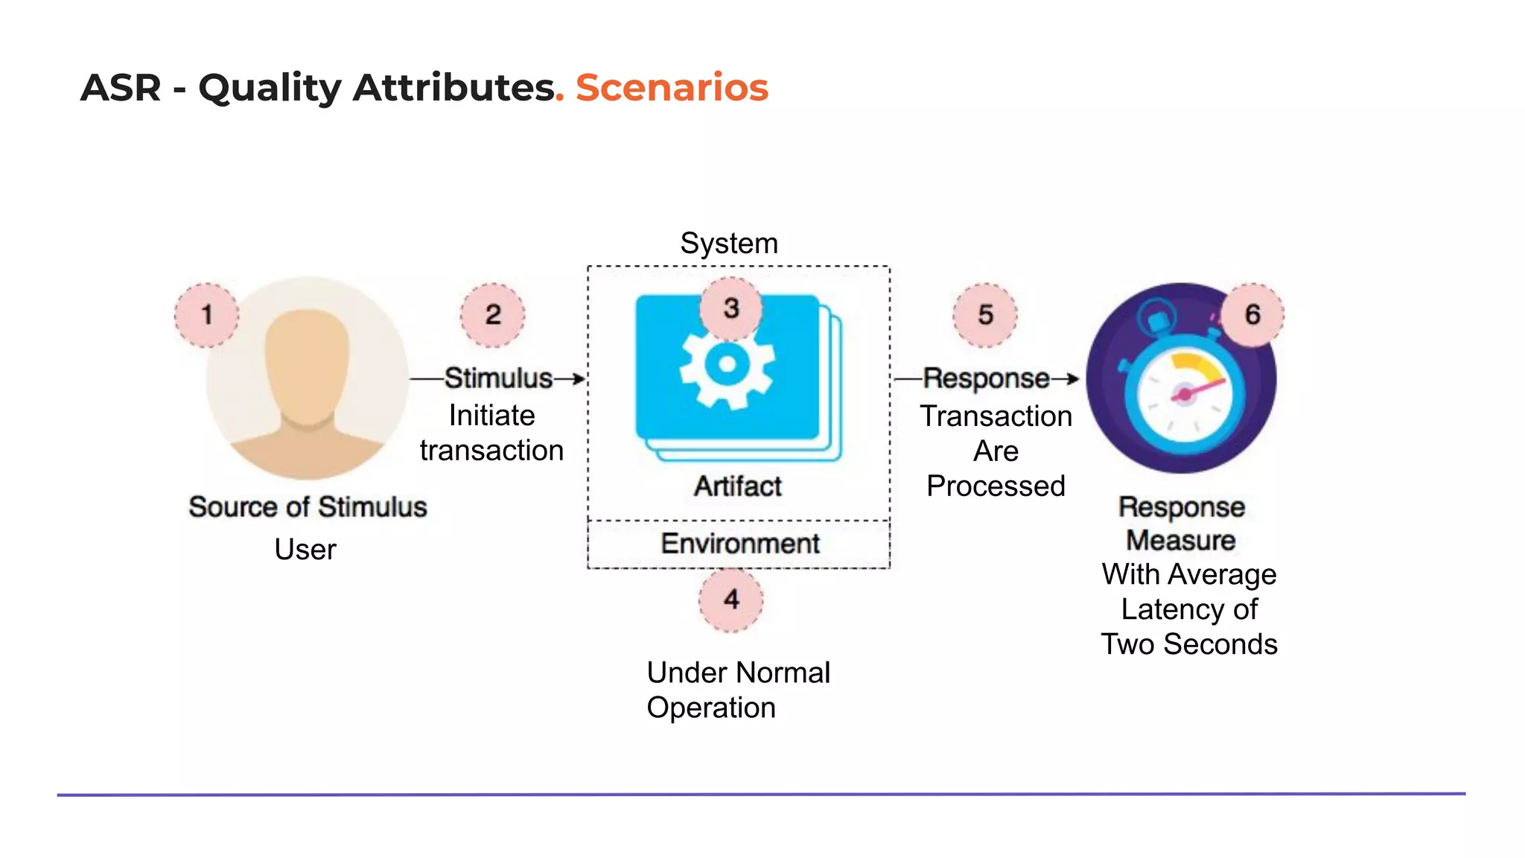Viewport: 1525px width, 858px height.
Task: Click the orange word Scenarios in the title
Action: [x=672, y=87]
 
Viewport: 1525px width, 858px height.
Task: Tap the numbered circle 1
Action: [x=207, y=315]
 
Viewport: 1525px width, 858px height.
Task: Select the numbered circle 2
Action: [x=492, y=315]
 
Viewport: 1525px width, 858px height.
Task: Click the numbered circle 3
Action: [x=731, y=308]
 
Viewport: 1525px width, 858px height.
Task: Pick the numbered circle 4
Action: [x=731, y=600]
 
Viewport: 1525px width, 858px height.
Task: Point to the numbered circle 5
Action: [x=985, y=315]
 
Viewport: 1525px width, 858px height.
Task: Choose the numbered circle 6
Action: [x=1252, y=314]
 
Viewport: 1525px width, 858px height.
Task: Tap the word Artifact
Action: [x=738, y=486]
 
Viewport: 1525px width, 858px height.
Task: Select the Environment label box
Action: [x=739, y=544]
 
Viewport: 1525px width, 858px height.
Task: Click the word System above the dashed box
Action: [x=729, y=244]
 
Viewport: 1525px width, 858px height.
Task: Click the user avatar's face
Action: [x=307, y=365]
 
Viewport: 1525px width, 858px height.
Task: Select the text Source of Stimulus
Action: [x=308, y=507]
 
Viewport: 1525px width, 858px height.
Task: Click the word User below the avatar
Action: [x=305, y=550]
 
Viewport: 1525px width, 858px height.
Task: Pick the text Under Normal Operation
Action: [x=737, y=690]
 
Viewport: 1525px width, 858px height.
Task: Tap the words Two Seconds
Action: [x=1189, y=644]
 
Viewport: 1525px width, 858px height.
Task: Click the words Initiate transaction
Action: [x=491, y=433]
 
